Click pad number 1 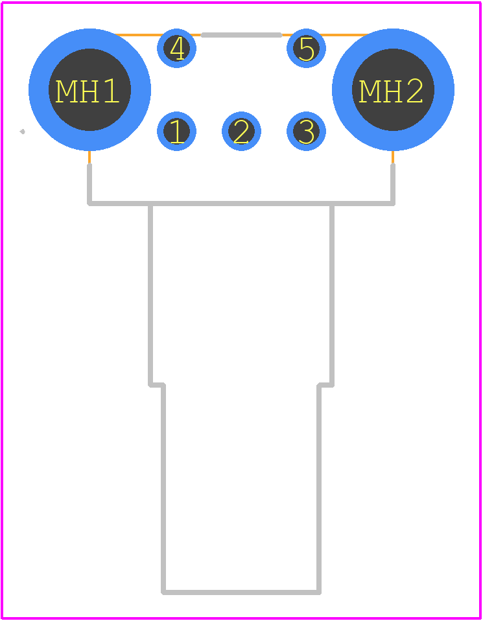(177, 131)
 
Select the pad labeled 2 (241, 131)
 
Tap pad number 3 (306, 131)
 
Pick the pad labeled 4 (177, 49)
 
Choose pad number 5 (306, 49)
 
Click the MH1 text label (87, 91)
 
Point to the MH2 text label (391, 91)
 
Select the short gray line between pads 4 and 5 (241, 35)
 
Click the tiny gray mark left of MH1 (23, 132)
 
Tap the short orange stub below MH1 (89, 158)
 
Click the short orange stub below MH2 (393, 158)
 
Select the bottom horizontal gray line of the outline (241, 592)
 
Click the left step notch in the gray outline (156, 384)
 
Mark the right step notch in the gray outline (325, 384)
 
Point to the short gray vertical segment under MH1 (89, 183)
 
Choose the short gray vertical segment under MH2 (393, 183)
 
